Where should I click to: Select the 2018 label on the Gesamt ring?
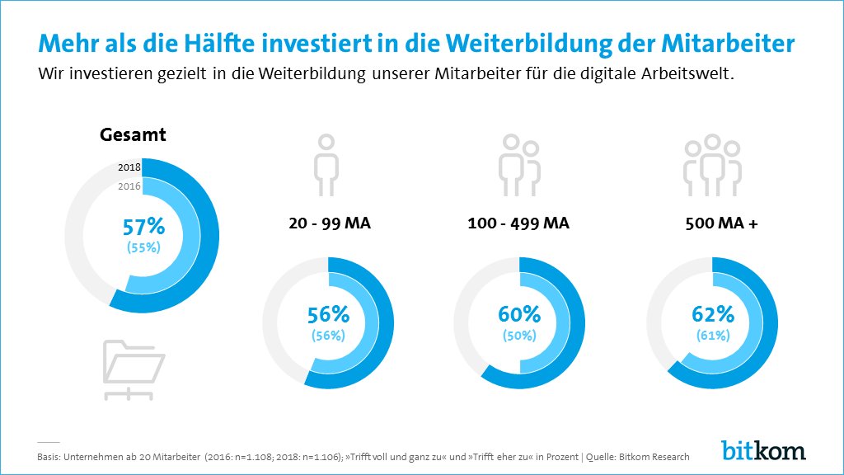(129, 167)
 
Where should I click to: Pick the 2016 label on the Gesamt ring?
(129, 186)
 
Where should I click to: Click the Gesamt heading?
(133, 134)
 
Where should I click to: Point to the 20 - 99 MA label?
(329, 223)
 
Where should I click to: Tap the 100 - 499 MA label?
(519, 223)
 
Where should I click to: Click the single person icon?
(327, 168)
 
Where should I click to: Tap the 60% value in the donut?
(519, 314)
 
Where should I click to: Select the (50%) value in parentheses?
(519, 336)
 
